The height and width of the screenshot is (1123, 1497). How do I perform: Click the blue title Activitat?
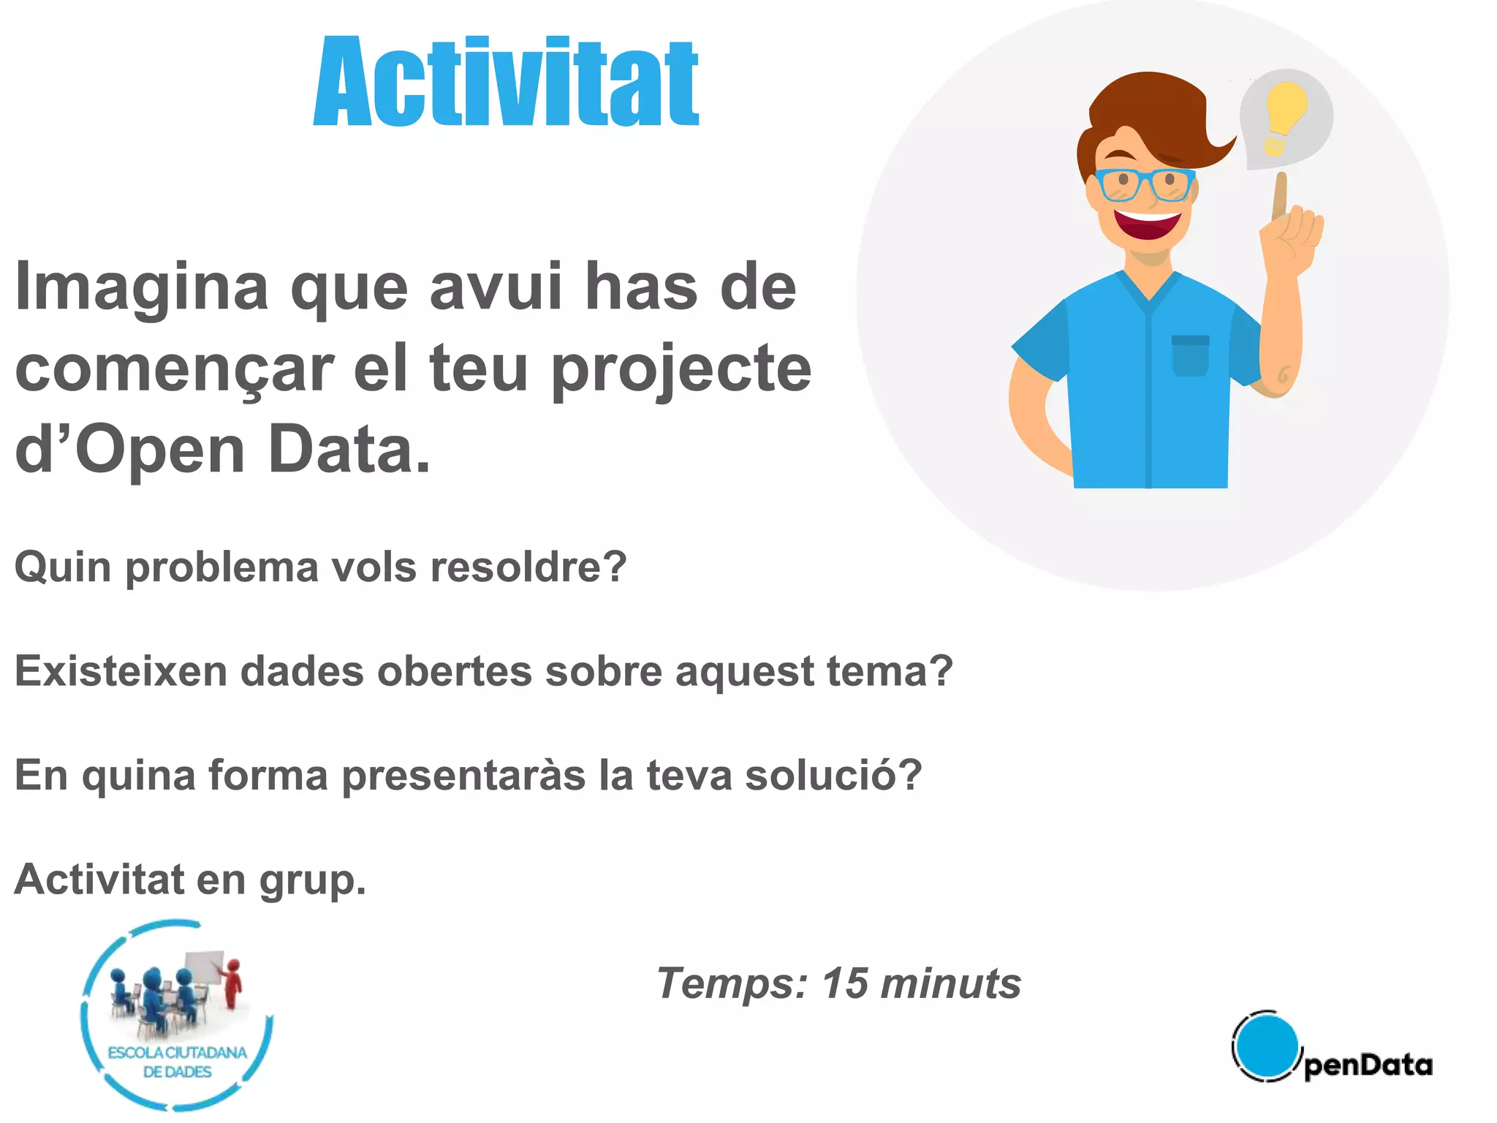click(506, 82)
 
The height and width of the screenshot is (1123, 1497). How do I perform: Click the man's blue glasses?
click(1144, 184)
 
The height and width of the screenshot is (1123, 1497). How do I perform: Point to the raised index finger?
click(1280, 194)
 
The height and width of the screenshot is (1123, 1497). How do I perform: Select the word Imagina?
click(142, 287)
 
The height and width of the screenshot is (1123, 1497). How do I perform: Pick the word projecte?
click(681, 369)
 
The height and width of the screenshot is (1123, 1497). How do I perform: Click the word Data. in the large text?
click(349, 450)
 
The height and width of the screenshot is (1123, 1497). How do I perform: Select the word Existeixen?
click(121, 671)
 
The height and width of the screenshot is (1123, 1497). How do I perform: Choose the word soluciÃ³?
click(833, 775)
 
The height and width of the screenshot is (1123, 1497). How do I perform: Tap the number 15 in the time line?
click(845, 983)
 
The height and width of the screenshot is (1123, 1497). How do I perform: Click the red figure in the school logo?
click(232, 983)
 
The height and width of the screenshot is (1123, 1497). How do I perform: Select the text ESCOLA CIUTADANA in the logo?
click(178, 1053)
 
